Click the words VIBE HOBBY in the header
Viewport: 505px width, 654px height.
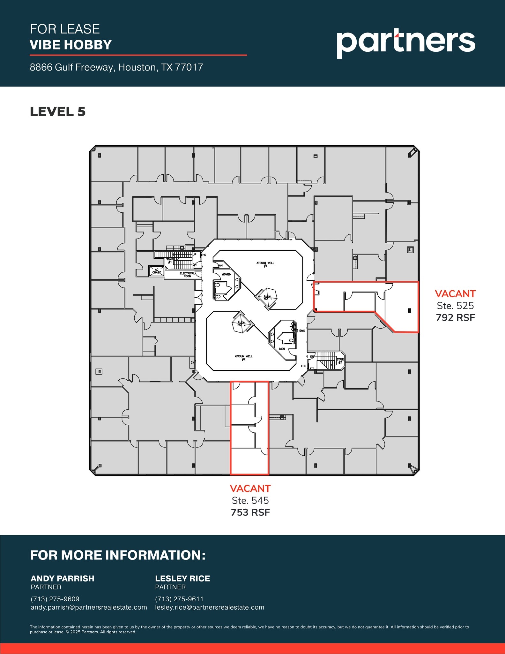(71, 45)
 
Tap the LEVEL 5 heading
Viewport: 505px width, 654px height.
(58, 111)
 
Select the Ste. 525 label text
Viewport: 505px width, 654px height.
(455, 306)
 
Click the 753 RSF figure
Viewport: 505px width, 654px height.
(250, 512)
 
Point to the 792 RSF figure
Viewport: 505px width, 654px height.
(455, 317)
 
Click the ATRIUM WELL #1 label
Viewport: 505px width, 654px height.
(265, 264)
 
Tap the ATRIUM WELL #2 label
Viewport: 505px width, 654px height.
(243, 358)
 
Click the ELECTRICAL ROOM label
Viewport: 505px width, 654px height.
(187, 275)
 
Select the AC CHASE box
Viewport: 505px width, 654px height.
(157, 271)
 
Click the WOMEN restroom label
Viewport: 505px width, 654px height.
(226, 274)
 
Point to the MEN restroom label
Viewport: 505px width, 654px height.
(282, 349)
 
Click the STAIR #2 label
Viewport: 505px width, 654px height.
(340, 361)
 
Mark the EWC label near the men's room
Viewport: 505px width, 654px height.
(302, 331)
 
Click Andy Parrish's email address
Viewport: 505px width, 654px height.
(89, 607)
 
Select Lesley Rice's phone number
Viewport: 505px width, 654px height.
(179, 599)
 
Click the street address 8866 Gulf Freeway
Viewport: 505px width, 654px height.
(116, 67)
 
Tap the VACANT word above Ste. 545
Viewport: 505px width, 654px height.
(250, 489)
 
